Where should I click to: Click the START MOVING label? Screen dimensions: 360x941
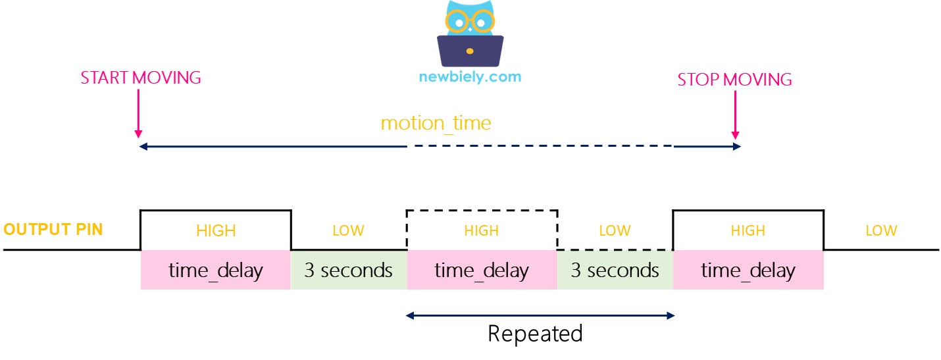140,78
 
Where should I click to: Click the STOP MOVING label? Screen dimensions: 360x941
734,80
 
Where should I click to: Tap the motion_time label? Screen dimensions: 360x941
436,123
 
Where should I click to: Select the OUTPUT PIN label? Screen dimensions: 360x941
53,230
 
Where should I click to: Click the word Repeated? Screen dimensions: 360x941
535,334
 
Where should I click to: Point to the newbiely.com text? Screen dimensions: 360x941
470,76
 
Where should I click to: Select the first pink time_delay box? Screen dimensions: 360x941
216,270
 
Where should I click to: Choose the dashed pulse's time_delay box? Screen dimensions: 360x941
482,270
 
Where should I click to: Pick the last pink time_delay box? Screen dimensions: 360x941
748,270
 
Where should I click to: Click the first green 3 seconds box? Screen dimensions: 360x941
349,270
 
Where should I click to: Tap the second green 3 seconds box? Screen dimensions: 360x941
615,270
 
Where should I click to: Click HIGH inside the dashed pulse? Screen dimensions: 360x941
482,230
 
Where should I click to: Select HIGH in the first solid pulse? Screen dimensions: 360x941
216,230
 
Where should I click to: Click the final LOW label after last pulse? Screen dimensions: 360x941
881,230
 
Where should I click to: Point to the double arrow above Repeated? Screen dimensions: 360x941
540,316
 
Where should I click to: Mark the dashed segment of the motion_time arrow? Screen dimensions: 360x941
540,147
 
